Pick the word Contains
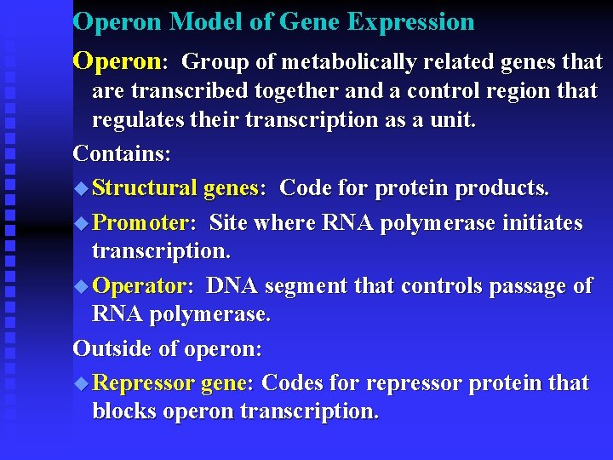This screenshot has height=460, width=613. [122, 154]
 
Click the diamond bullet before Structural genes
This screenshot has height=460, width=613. [81, 187]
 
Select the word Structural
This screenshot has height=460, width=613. [145, 187]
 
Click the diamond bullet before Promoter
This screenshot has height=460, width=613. [81, 224]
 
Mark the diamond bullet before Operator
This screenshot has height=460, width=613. [81, 286]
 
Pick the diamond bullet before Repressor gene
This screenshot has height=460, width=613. [81, 383]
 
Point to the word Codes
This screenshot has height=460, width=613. [293, 383]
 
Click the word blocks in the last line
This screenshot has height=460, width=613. [125, 411]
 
